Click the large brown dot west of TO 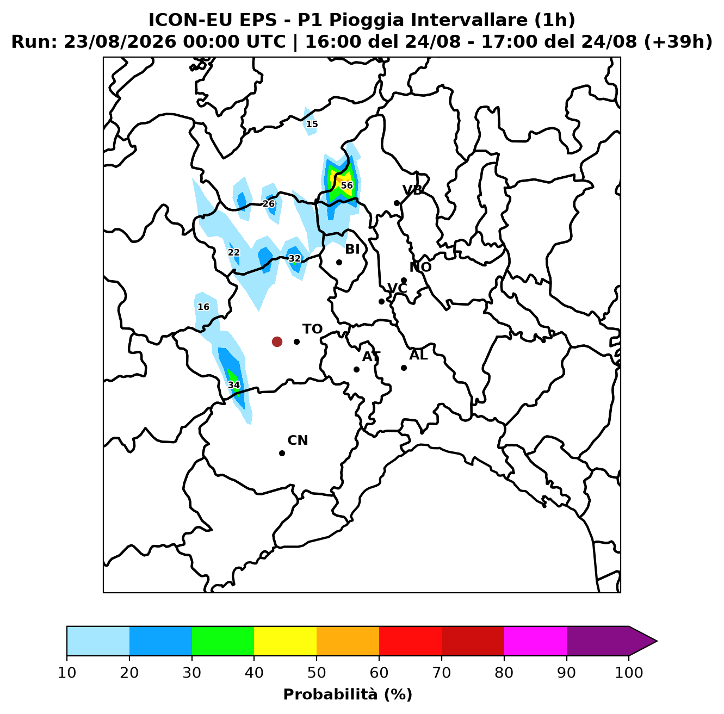pyautogui.click(x=277, y=342)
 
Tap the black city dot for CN pyautogui.click(x=282, y=453)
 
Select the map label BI pyautogui.click(x=352, y=249)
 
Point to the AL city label pyautogui.click(x=418, y=355)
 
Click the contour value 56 pyautogui.click(x=347, y=185)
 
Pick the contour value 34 pyautogui.click(x=234, y=385)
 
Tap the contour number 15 pyautogui.click(x=312, y=124)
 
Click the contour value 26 pyautogui.click(x=269, y=204)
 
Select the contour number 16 pyautogui.click(x=203, y=307)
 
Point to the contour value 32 pyautogui.click(x=295, y=258)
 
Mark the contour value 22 pyautogui.click(x=234, y=252)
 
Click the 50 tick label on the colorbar pyautogui.click(x=317, y=673)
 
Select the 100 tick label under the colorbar pyautogui.click(x=629, y=673)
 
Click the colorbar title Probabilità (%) pyautogui.click(x=348, y=694)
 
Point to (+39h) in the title pyautogui.click(x=678, y=42)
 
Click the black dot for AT pyautogui.click(x=356, y=369)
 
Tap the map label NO pyautogui.click(x=420, y=267)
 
